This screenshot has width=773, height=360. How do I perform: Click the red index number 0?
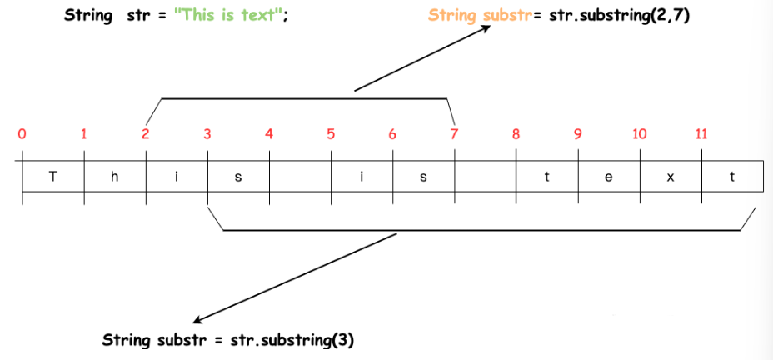pos(22,133)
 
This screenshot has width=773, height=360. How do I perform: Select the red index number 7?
pos(454,133)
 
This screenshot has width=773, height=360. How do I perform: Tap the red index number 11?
pos(701,133)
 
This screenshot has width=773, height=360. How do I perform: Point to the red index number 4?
pos(269,133)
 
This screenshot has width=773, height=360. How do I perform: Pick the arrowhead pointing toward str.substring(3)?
pos(197,321)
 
